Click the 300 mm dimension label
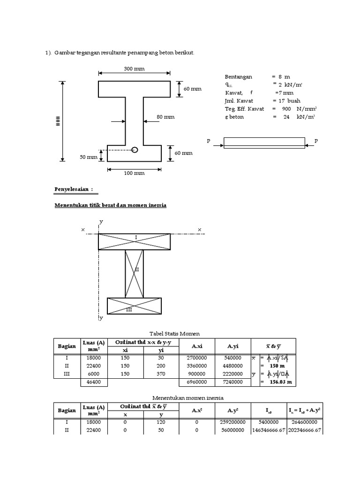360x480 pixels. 134,68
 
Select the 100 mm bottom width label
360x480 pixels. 134,173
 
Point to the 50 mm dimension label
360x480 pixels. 88,157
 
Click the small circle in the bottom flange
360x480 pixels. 135,150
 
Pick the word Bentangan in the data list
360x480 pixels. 239,76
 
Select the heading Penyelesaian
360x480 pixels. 74,189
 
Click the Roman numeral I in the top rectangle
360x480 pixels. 135,238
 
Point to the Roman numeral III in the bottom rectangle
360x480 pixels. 128,310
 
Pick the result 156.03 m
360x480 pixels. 277,382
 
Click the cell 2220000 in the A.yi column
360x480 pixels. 233,374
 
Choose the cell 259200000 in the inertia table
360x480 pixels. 233,422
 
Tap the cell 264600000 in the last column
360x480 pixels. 305,422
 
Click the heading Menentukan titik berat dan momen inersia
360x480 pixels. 110,205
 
